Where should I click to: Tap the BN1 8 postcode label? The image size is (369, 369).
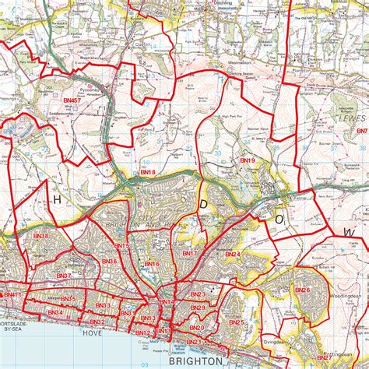coord(147,171)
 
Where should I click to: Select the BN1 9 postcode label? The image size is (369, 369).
coord(248,160)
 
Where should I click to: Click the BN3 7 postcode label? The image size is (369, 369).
coord(64,276)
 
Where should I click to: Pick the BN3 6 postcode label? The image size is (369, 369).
coord(107,261)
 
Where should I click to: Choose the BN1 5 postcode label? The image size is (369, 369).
coord(121,246)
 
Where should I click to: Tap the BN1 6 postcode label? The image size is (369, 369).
coord(151,265)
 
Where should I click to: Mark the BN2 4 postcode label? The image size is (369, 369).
coord(233,255)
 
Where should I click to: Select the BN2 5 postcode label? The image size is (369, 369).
coord(237,322)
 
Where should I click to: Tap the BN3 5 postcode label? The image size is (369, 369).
coord(68,299)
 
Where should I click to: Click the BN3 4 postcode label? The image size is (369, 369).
coord(54,313)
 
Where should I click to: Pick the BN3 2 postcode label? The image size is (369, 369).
coord(97,322)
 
